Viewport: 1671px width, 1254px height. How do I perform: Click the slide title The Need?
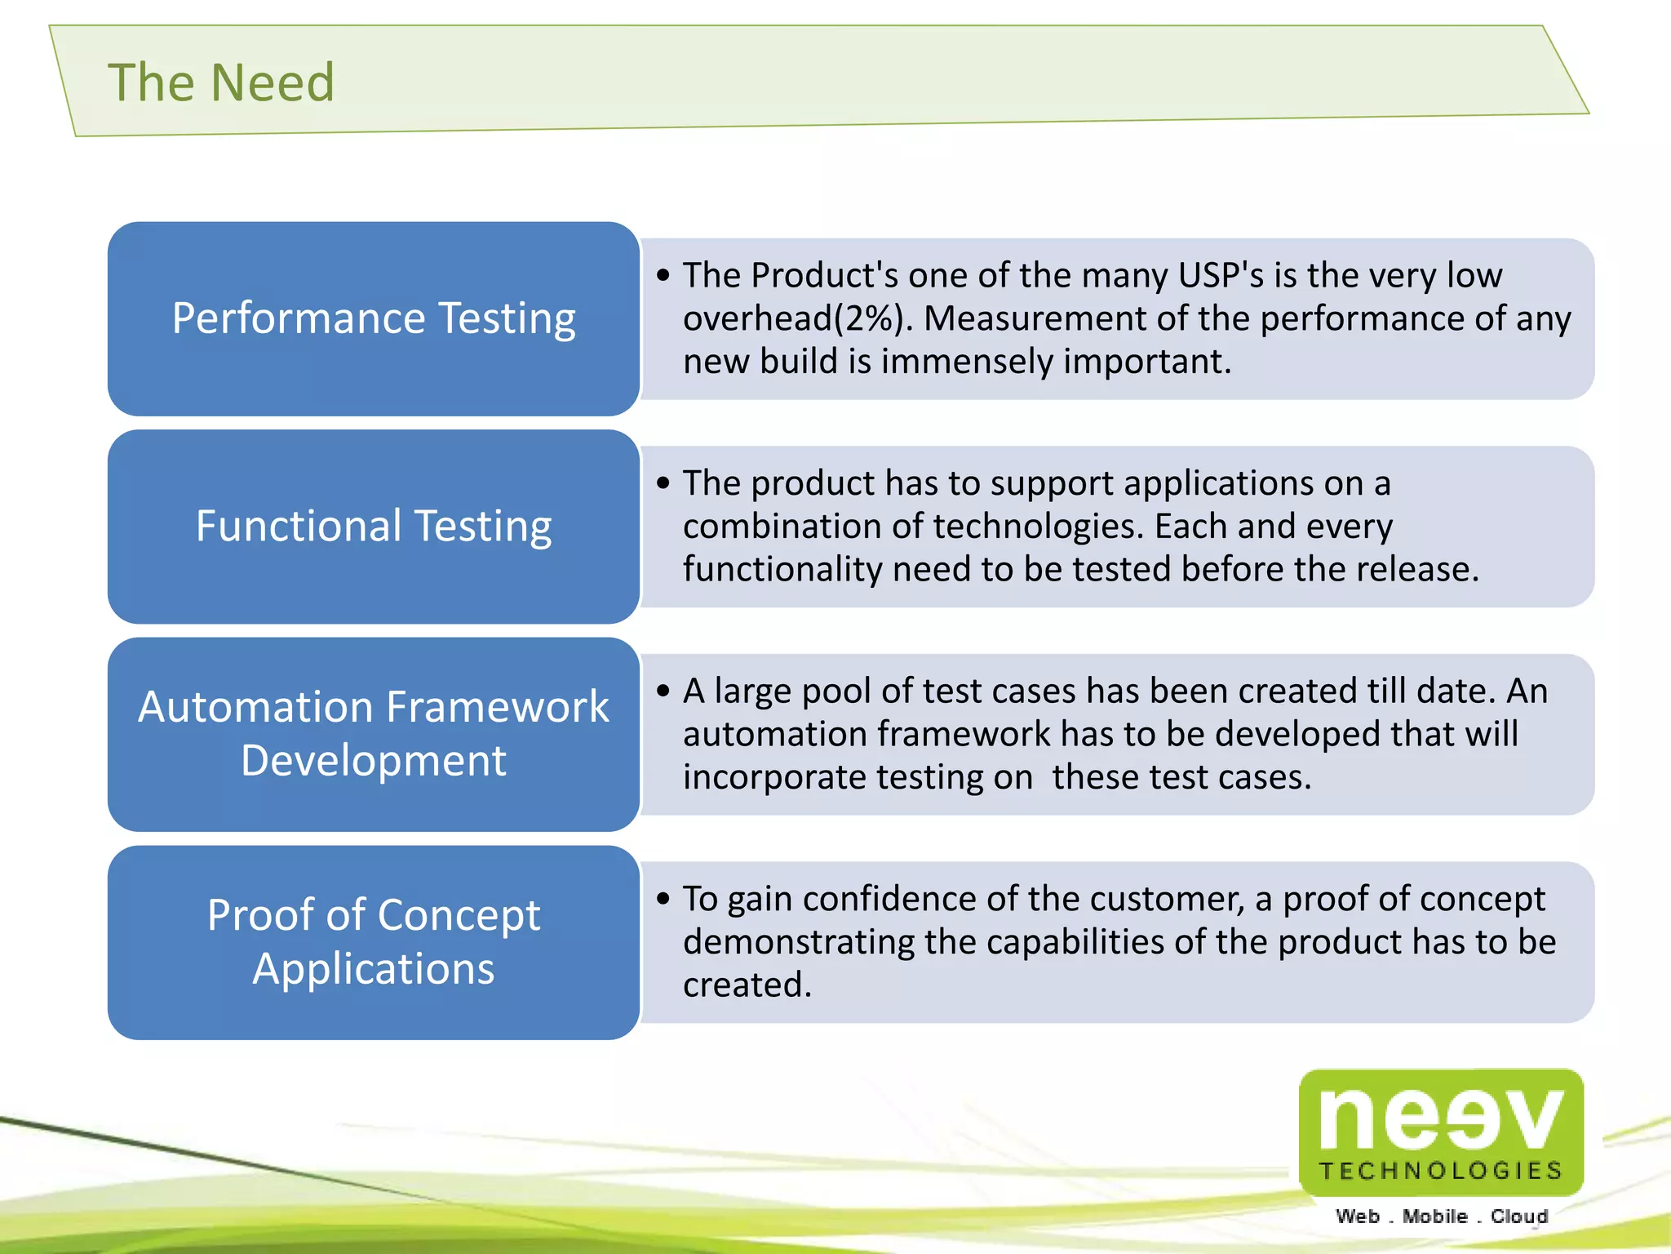(x=221, y=82)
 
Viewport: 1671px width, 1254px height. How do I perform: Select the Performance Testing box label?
(x=374, y=318)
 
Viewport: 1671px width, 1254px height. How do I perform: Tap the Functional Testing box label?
(x=374, y=526)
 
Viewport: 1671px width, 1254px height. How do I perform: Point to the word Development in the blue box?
(x=374, y=761)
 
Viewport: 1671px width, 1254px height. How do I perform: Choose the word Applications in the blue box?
(x=374, y=969)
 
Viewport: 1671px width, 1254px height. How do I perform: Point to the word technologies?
(x=1034, y=527)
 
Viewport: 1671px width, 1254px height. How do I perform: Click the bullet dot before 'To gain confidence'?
(x=663, y=899)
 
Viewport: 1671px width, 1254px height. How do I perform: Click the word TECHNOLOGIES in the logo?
(x=1441, y=1171)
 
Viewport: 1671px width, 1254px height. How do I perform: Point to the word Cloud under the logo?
(x=1519, y=1216)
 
